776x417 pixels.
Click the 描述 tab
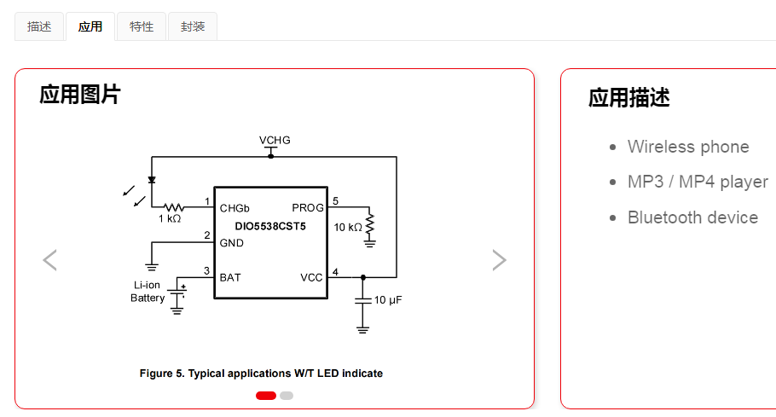click(x=39, y=26)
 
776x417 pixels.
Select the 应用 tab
click(x=90, y=26)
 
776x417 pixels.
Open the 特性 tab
click(x=142, y=26)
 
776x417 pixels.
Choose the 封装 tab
click(x=193, y=26)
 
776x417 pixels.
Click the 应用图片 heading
click(x=80, y=95)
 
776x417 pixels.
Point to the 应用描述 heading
click(x=628, y=98)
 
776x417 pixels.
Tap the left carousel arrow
click(x=49, y=260)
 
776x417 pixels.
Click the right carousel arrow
click(x=499, y=260)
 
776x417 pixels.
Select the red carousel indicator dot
click(x=265, y=396)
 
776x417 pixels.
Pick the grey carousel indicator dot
click(x=287, y=396)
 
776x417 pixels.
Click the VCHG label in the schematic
click(x=275, y=140)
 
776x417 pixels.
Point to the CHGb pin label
click(x=235, y=208)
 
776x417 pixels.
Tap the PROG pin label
click(x=308, y=208)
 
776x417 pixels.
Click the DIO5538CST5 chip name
click(x=270, y=226)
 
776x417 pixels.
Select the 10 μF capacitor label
click(x=388, y=300)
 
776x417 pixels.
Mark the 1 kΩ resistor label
click(x=170, y=219)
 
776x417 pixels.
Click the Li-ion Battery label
click(x=148, y=292)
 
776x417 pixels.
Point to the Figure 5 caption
click(x=261, y=374)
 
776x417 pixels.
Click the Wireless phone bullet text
click(x=688, y=147)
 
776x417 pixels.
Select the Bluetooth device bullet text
click(x=692, y=217)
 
